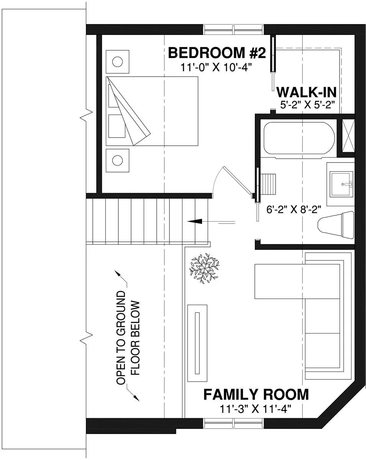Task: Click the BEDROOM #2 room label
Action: (x=217, y=53)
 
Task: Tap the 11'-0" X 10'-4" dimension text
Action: (x=216, y=68)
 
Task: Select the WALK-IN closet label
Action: (x=307, y=92)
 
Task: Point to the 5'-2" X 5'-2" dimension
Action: (x=307, y=105)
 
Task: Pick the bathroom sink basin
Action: (x=341, y=184)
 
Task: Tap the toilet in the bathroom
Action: (x=336, y=225)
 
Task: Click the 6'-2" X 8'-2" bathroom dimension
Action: (x=294, y=209)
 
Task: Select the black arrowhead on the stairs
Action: (x=195, y=222)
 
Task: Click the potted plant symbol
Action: (x=204, y=268)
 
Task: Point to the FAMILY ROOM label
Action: (x=256, y=394)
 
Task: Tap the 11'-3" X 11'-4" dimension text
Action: (x=256, y=409)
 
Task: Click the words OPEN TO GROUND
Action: (x=121, y=338)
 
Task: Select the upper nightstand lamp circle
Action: (x=117, y=62)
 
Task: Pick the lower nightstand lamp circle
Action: (x=117, y=160)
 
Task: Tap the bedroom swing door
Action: (x=237, y=180)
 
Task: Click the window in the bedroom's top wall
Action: (x=233, y=30)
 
